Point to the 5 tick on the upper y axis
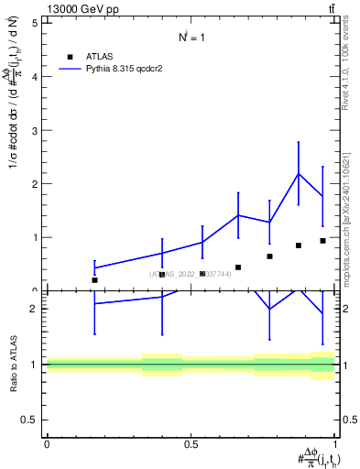click(34, 23)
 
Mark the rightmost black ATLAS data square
click(322, 241)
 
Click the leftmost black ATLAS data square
click(94, 279)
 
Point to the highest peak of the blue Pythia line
click(299, 174)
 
